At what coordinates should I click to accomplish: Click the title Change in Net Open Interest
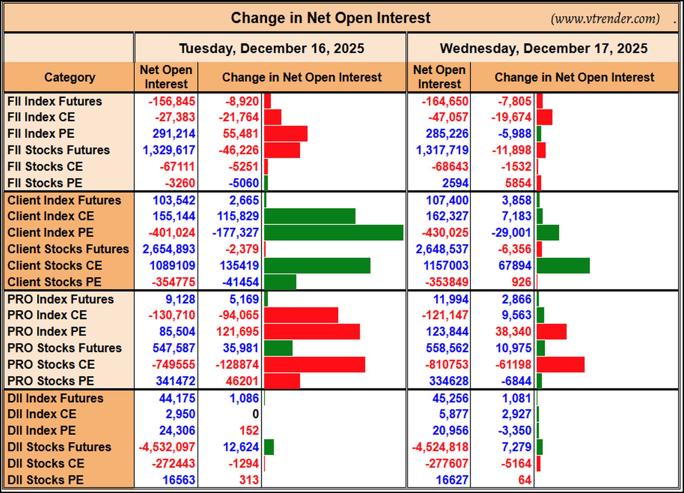(x=331, y=18)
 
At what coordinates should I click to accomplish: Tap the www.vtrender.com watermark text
(x=605, y=19)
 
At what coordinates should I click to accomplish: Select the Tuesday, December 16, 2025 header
(x=271, y=49)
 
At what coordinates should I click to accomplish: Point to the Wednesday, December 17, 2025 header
(x=544, y=49)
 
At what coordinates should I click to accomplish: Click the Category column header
(x=70, y=77)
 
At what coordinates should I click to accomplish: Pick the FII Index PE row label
(x=41, y=134)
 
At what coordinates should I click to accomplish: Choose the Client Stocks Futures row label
(x=68, y=249)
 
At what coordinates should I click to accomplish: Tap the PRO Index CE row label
(x=47, y=315)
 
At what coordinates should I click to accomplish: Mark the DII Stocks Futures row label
(x=59, y=447)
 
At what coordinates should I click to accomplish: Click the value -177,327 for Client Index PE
(x=235, y=233)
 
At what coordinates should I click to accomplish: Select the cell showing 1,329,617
(x=169, y=150)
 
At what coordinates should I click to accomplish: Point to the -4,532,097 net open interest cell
(x=167, y=447)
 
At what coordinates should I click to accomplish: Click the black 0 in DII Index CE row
(x=255, y=414)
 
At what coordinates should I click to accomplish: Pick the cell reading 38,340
(x=513, y=332)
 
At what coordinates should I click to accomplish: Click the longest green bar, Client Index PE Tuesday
(x=334, y=233)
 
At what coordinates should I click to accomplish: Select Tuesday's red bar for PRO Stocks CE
(x=315, y=365)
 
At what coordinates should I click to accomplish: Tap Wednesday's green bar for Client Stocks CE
(x=563, y=266)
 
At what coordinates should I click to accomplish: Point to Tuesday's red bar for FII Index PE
(x=286, y=134)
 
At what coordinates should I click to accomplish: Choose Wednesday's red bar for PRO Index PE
(x=551, y=332)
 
